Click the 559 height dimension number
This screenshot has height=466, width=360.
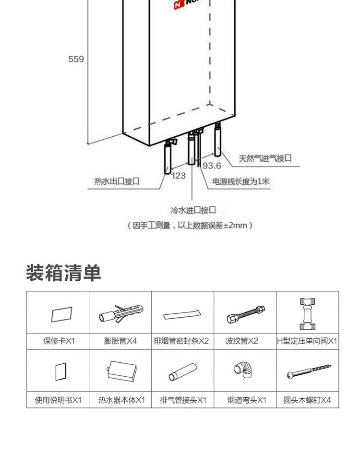pos(76,59)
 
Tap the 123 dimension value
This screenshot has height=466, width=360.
pos(179,176)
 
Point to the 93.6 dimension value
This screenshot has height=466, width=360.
pos(211,166)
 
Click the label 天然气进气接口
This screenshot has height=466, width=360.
pos(265,158)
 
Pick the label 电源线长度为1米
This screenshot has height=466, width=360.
pos(241,181)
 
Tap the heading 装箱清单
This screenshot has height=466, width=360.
pos(63,272)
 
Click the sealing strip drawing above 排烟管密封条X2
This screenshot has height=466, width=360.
pos(182,315)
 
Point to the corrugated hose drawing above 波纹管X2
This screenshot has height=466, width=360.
pos(245,315)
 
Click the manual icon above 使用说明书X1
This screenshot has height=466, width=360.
pos(60,371)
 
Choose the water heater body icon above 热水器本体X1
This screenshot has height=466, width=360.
pos(122,371)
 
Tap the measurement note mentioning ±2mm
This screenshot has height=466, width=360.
pos(190,225)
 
